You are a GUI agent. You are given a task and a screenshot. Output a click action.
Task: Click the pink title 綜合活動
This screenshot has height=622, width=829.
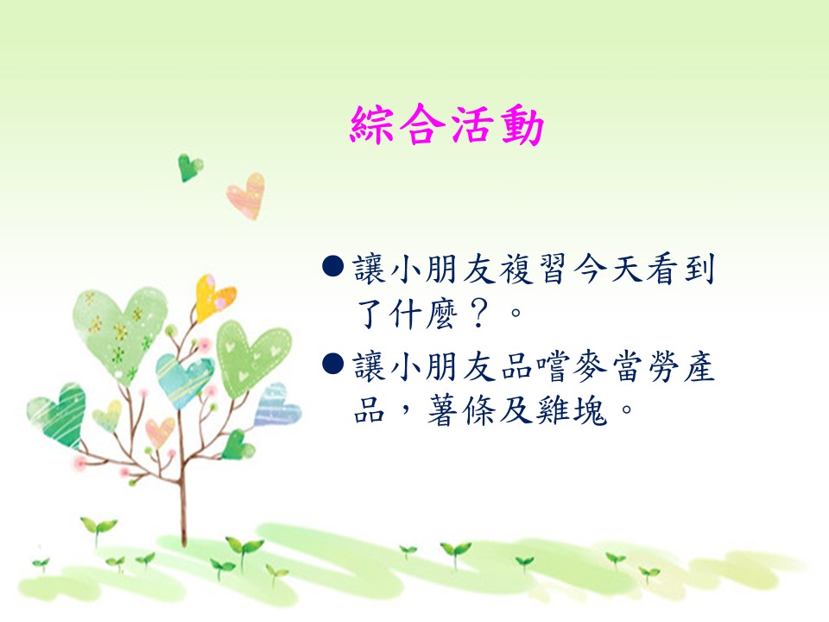[446, 124]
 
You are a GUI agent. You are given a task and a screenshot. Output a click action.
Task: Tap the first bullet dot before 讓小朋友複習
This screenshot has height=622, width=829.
[333, 267]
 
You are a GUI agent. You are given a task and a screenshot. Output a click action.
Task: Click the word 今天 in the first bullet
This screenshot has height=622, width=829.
[608, 268]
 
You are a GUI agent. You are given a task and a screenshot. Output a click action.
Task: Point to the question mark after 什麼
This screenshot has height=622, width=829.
[478, 313]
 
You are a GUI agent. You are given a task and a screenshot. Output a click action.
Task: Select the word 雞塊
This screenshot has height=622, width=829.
[571, 410]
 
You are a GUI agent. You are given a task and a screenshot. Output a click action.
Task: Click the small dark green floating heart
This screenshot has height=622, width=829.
[189, 167]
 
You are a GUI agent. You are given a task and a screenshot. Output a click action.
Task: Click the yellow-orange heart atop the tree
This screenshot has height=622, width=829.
[212, 298]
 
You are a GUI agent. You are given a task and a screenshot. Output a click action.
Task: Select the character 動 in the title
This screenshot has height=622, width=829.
[522, 125]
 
